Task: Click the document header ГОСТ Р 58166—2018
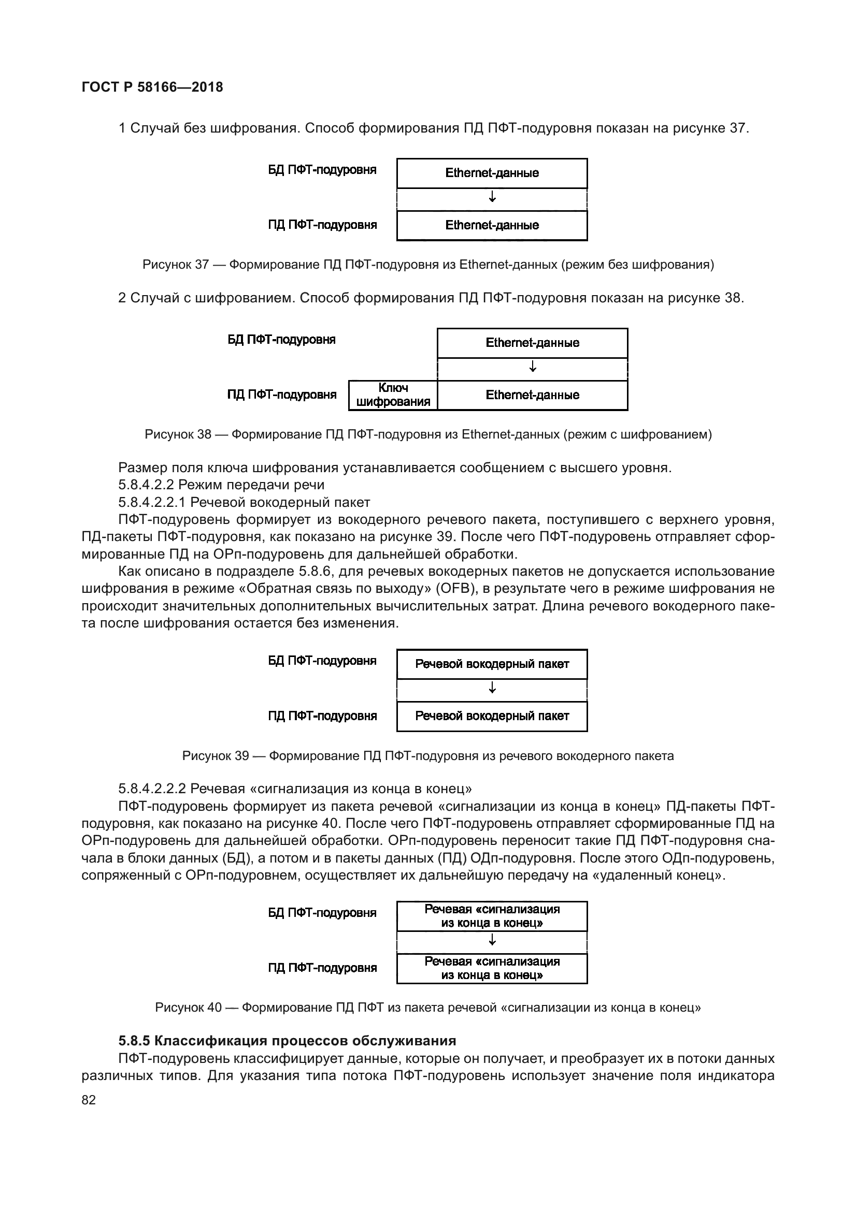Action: pyautogui.click(x=152, y=87)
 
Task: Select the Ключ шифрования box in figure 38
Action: pyautogui.click(x=393, y=395)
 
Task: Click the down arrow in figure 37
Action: pyautogui.click(x=492, y=197)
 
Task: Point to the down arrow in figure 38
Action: pyautogui.click(x=533, y=367)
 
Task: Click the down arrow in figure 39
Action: pyautogui.click(x=492, y=688)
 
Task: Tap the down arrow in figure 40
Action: pyautogui.click(x=492, y=940)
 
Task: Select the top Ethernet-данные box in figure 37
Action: pyautogui.click(x=492, y=173)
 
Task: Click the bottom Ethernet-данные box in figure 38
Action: pyautogui.click(x=533, y=395)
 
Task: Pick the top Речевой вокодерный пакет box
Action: pyautogui.click(x=492, y=664)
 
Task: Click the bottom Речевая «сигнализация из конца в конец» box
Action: pyautogui.click(x=492, y=968)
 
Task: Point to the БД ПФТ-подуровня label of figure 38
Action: pyautogui.click(x=281, y=340)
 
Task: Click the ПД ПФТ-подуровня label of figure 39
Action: pyautogui.click(x=322, y=716)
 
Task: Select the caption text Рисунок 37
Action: pyautogui.click(x=176, y=265)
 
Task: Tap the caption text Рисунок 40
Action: pyautogui.click(x=189, y=1008)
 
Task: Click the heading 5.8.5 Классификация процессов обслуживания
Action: pyautogui.click(x=287, y=1041)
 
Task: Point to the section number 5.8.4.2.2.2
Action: pyautogui.click(x=152, y=789)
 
